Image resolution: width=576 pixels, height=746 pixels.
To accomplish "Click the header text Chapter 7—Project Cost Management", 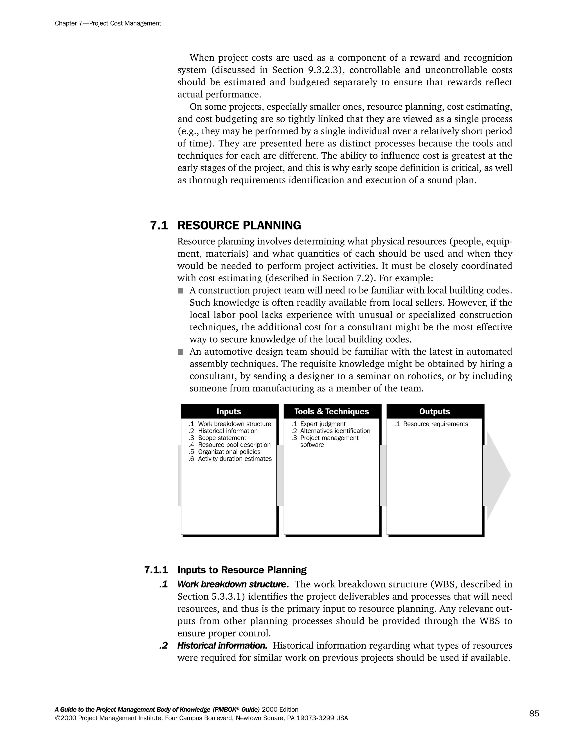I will pyautogui.click(x=108, y=24).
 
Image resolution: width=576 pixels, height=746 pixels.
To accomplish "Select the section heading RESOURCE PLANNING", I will pyautogui.click(x=239, y=225).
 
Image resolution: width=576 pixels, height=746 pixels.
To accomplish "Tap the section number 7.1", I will pyautogui.click(x=159, y=225).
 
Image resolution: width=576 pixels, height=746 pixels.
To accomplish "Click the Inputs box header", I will pyautogui.click(x=229, y=411).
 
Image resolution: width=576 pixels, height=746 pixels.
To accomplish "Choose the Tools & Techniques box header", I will pyautogui.click(x=331, y=411).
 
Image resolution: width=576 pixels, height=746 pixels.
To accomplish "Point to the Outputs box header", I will pyautogui.click(x=434, y=411).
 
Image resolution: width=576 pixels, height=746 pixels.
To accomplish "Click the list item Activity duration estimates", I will pyautogui.click(x=235, y=459).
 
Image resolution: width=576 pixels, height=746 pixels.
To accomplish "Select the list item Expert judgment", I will pyautogui.click(x=323, y=424).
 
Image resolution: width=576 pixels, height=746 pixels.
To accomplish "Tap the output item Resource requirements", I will pyautogui.click(x=435, y=424).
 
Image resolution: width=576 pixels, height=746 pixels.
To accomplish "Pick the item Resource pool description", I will pyautogui.click(x=234, y=445).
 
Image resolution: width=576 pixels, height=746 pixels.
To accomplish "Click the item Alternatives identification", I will pyautogui.click(x=335, y=431).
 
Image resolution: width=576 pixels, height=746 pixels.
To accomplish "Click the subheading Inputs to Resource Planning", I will pyautogui.click(x=242, y=570).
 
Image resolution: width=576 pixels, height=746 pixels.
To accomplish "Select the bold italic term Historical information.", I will pyautogui.click(x=222, y=646).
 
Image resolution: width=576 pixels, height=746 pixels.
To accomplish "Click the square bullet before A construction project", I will pyautogui.click(x=181, y=291).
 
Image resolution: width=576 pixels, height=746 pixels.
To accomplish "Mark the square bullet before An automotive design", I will pyautogui.click(x=181, y=352).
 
